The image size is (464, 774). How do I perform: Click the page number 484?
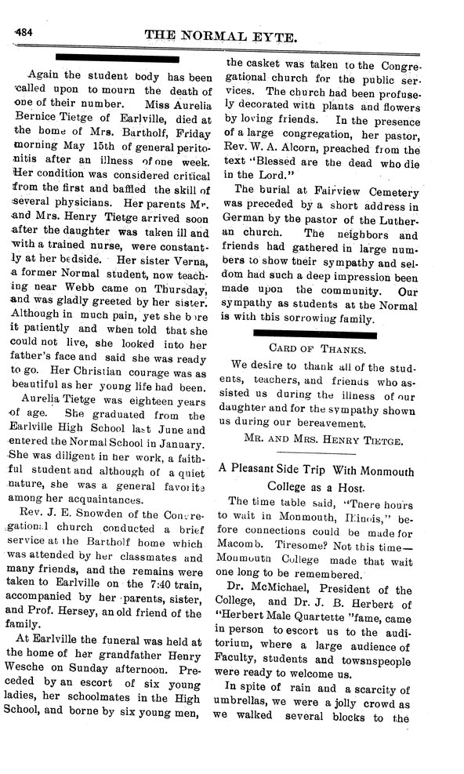(18, 31)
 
